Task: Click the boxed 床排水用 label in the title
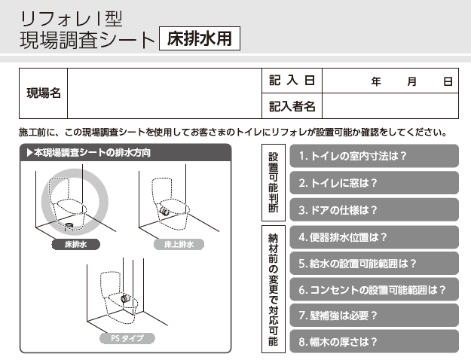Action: tap(200, 38)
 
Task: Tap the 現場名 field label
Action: tap(44, 93)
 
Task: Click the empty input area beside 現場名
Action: tap(164, 93)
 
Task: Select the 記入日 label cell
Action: tap(292, 81)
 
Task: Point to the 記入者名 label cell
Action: tap(292, 106)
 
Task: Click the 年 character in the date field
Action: tap(376, 81)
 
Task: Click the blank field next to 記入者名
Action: tap(390, 106)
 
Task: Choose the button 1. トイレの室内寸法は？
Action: tap(374, 156)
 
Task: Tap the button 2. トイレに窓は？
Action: tap(374, 183)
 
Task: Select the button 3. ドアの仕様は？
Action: tap(374, 210)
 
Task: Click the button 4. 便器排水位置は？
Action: tap(374, 237)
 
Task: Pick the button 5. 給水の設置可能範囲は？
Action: tap(374, 264)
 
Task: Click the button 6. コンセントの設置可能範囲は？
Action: tap(374, 289)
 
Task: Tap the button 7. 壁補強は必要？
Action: tap(374, 316)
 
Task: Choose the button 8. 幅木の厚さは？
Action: tap(374, 342)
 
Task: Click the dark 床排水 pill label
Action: tap(75, 245)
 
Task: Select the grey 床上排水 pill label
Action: tap(179, 245)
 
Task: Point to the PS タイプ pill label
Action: tap(127, 338)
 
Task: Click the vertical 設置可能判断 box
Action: tap(274, 182)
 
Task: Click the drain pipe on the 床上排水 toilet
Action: tap(164, 211)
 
